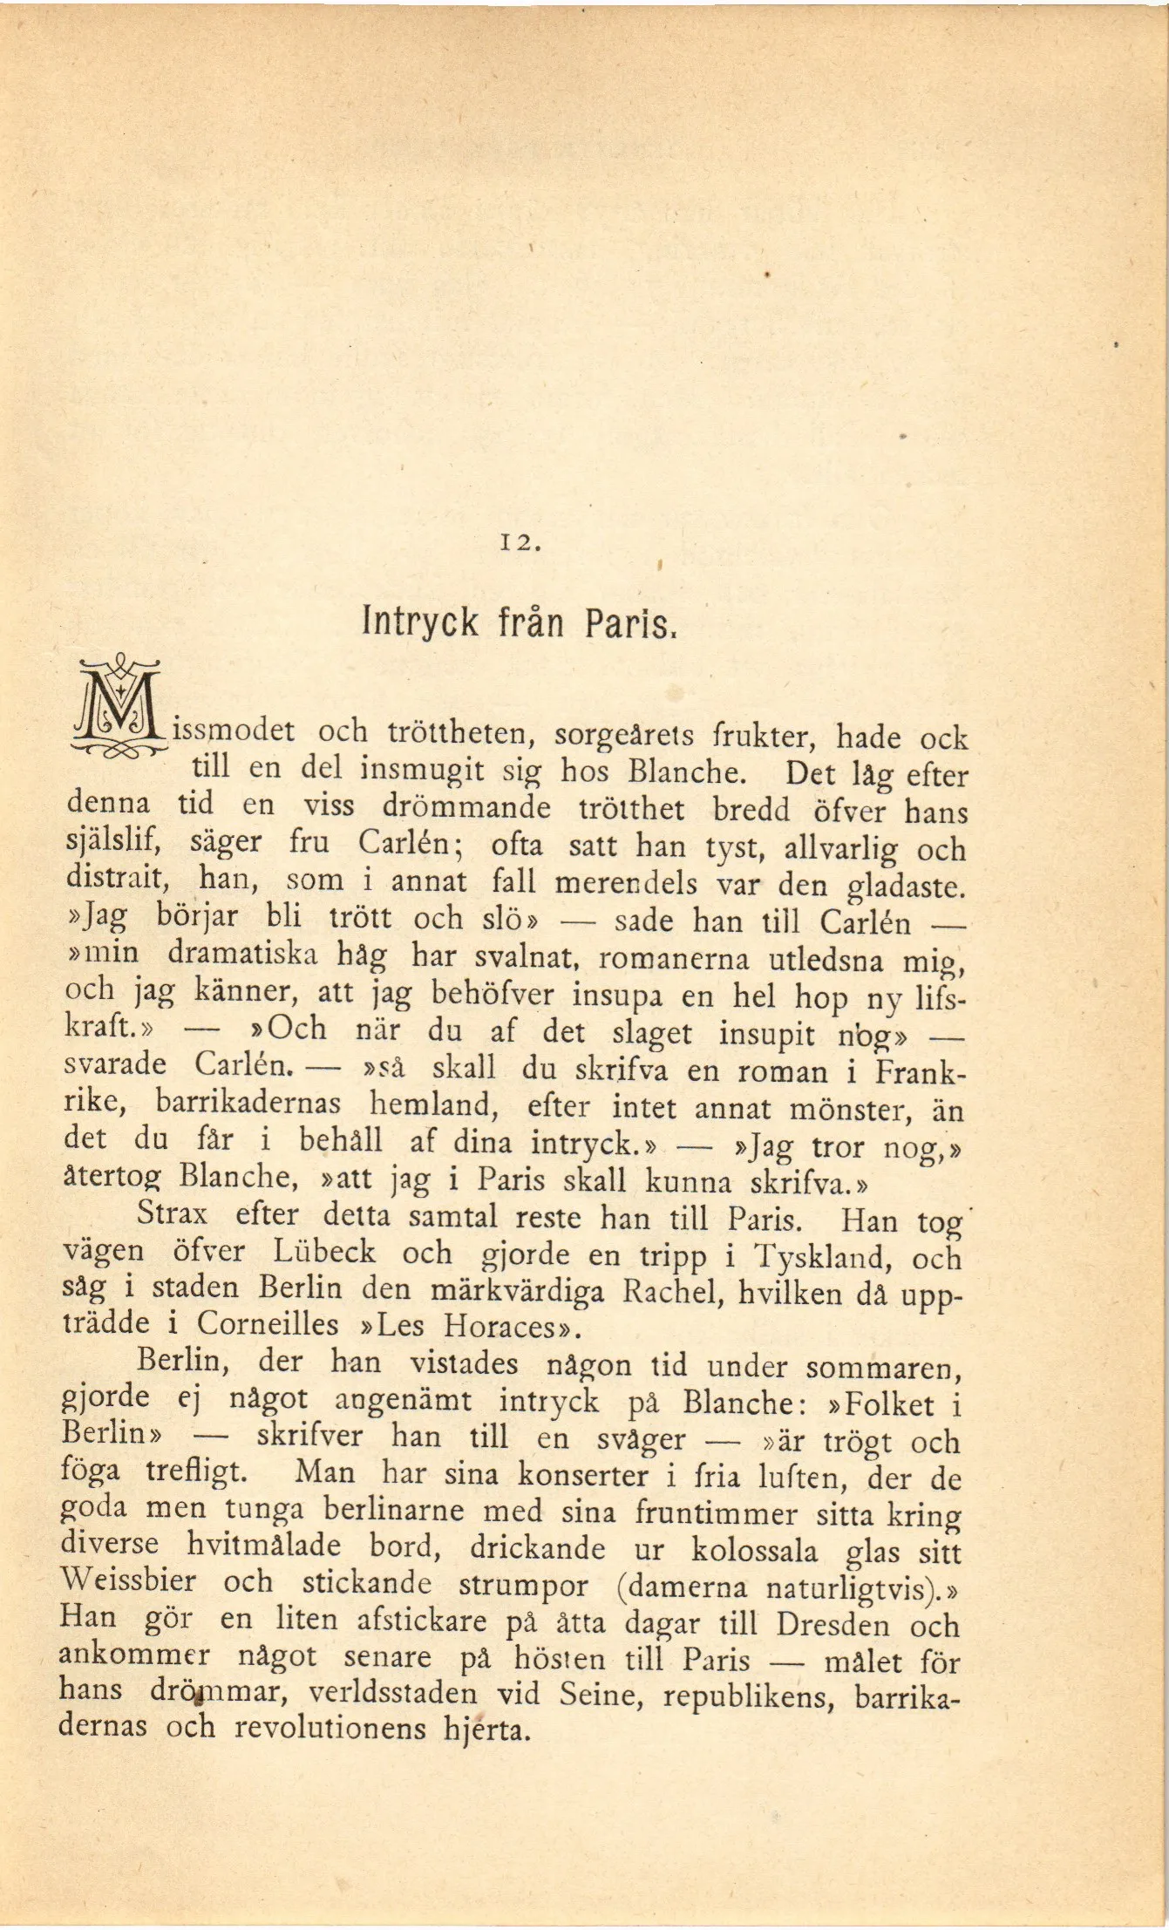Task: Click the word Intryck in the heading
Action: [420, 623]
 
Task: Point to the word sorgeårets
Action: [624, 736]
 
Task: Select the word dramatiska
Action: [242, 954]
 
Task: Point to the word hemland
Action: [434, 1105]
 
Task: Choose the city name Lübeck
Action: [324, 1252]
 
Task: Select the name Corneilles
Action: [268, 1324]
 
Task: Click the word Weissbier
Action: [128, 1580]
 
